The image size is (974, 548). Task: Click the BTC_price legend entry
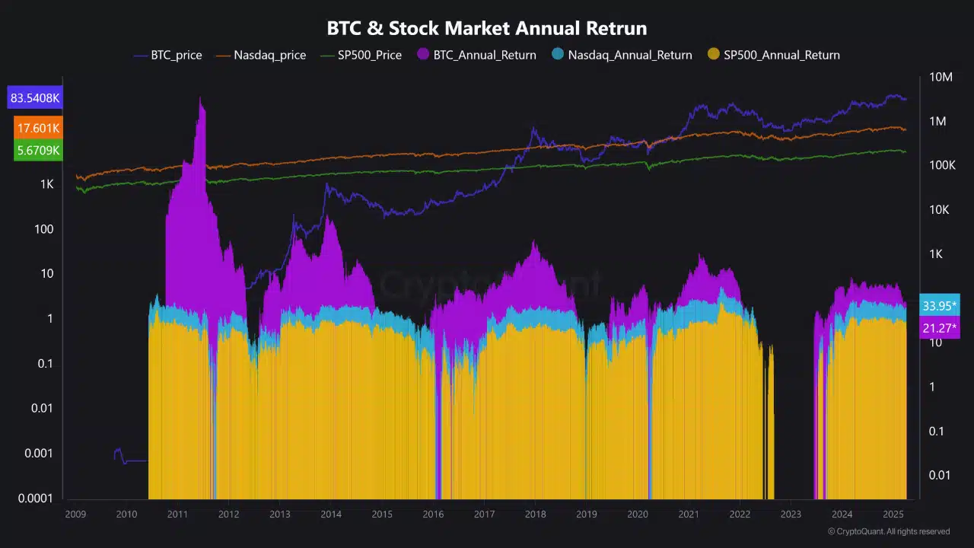tap(168, 56)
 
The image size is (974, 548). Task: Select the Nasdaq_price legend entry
tap(261, 56)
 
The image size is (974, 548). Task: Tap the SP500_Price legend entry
tap(361, 56)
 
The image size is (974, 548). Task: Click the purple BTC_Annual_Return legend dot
tap(422, 54)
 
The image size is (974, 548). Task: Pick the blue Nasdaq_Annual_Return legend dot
tap(558, 54)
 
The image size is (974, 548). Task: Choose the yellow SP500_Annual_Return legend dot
tap(713, 54)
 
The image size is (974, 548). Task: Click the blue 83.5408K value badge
tap(35, 97)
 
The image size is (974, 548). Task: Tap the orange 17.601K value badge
tap(38, 128)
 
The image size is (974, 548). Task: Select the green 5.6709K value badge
tap(38, 151)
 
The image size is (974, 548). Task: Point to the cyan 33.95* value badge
tap(939, 305)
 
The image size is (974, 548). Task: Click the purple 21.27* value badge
tap(939, 327)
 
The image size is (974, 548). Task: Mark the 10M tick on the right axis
tap(941, 77)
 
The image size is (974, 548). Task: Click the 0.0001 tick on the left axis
tap(35, 498)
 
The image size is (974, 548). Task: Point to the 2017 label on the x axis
tap(484, 514)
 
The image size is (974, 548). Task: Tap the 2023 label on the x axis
tap(791, 514)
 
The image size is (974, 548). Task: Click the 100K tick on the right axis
tap(942, 165)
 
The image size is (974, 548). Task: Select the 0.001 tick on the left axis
tap(38, 453)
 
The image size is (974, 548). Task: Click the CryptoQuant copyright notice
tap(888, 531)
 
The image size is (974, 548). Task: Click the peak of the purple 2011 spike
tap(200, 97)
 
